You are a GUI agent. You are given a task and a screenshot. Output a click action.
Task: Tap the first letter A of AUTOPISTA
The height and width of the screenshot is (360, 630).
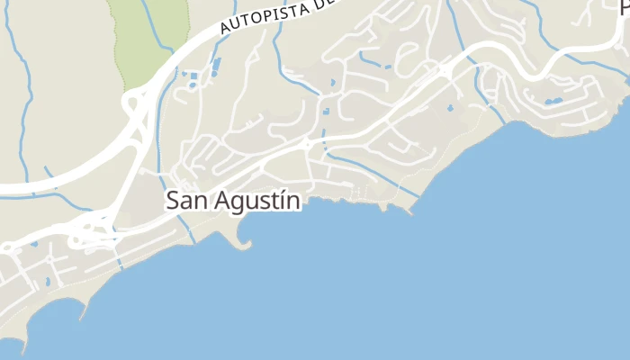[225, 31]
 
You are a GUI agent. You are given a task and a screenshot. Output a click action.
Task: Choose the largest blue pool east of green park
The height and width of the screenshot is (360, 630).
[216, 67]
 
